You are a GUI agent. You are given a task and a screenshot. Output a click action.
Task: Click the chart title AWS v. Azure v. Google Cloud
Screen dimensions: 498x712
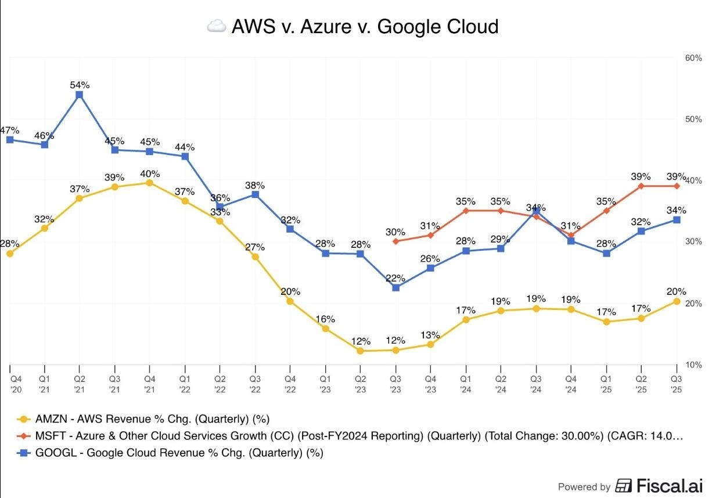(365, 27)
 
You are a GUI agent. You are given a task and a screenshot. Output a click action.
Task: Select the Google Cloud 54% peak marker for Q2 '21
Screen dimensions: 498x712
(80, 95)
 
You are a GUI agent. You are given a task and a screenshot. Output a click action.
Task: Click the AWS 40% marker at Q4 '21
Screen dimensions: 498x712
(149, 183)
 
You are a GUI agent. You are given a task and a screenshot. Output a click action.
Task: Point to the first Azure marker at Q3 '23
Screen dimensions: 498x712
(395, 241)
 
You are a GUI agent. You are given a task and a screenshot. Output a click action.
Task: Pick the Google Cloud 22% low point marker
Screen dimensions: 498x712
(395, 287)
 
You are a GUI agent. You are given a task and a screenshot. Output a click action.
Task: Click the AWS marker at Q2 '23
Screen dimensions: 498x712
(361, 351)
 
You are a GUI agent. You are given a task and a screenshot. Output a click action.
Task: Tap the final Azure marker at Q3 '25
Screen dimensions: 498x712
(676, 186)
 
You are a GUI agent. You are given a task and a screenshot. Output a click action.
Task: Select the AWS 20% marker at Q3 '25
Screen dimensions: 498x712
(676, 301)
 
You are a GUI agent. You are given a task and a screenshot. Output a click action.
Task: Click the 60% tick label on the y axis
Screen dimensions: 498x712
(693, 58)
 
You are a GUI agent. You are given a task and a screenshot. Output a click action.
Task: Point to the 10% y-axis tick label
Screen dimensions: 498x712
(693, 365)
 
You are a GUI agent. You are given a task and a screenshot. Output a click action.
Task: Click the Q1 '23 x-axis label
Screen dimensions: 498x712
(326, 383)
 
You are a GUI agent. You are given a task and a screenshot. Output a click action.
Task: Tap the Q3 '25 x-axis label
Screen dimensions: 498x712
(676, 383)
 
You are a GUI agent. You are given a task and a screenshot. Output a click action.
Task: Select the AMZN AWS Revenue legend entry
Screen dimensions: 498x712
(145, 418)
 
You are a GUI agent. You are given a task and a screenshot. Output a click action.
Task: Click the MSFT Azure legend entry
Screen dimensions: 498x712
(348, 436)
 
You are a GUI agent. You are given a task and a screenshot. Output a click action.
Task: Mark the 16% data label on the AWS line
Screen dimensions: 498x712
(326, 319)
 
